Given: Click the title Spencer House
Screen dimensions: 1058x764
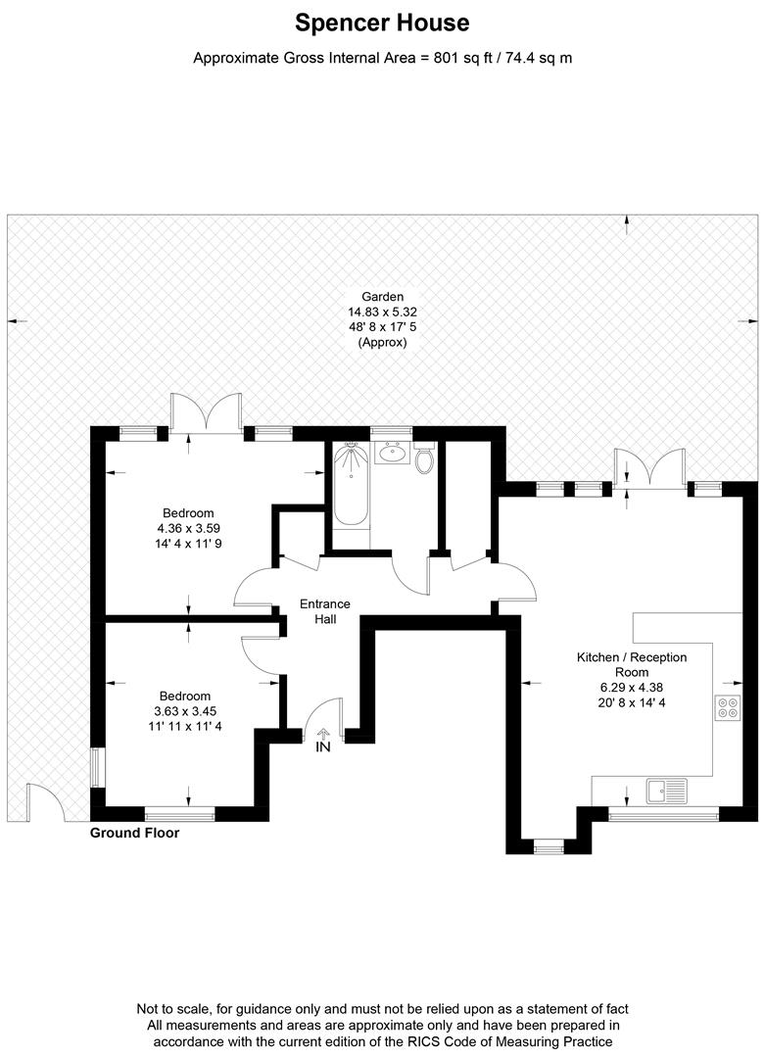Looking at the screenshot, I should tap(382, 23).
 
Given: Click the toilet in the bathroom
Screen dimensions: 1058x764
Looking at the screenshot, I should tap(424, 458).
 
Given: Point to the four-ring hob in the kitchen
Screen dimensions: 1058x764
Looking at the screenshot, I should tap(727, 707).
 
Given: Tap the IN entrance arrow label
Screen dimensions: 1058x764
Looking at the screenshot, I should tap(323, 747).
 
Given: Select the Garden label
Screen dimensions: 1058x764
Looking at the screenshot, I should tap(382, 296).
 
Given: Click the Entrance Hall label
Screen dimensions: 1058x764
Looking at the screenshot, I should tap(325, 612).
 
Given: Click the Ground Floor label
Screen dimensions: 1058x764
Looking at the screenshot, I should tap(134, 834).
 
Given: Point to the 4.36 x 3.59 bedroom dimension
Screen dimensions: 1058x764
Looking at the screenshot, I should tap(188, 528).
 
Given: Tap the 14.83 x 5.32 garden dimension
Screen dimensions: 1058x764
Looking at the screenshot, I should tap(382, 312).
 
